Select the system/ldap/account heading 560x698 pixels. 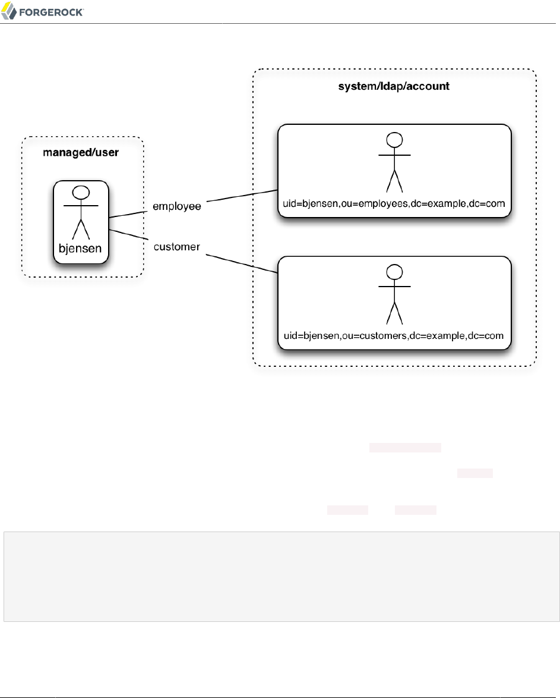(394, 86)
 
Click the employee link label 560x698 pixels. (177, 206)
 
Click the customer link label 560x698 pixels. (176, 246)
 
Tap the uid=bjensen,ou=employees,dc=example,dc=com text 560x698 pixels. (394, 204)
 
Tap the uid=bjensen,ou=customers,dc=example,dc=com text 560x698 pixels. (394, 336)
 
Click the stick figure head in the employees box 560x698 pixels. (394, 140)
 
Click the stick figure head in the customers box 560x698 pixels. (394, 272)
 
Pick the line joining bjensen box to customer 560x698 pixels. (127, 234)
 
